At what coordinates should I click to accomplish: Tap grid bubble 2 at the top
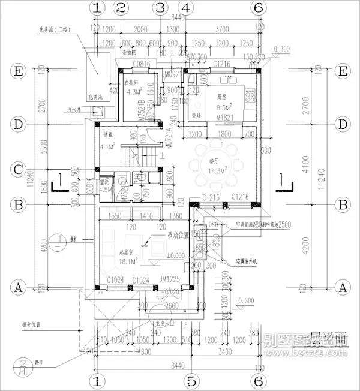[122, 8]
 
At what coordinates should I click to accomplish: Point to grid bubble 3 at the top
[159, 8]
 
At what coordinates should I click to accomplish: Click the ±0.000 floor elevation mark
[175, 255]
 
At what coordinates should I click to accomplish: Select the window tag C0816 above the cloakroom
[141, 63]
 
